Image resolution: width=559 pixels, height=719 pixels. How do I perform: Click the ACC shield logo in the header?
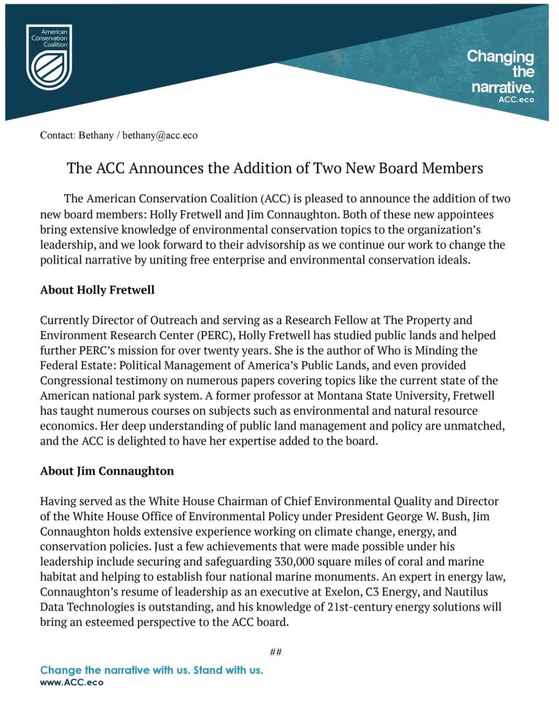(x=49, y=56)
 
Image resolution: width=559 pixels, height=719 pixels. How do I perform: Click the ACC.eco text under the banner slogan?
(x=515, y=100)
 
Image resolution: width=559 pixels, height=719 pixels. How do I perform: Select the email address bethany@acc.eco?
(x=159, y=135)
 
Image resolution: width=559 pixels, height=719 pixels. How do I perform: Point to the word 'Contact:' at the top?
(x=57, y=135)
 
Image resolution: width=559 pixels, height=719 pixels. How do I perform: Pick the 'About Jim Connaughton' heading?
(x=107, y=471)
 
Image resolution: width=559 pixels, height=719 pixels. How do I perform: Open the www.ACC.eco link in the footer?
(x=71, y=683)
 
